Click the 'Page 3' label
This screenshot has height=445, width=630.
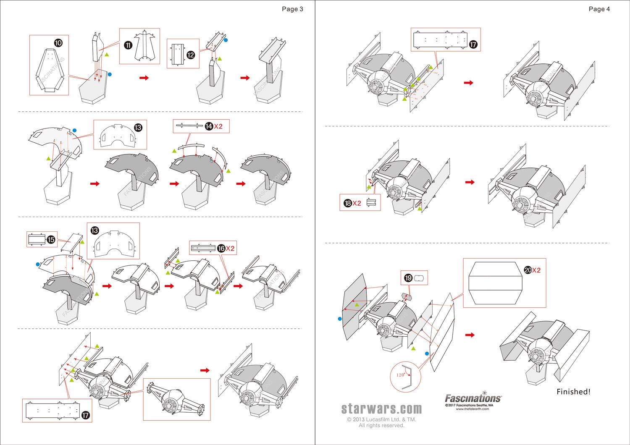click(292, 9)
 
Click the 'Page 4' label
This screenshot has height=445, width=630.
click(599, 9)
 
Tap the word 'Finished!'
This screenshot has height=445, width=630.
click(573, 392)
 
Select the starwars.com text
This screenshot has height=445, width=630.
click(381, 408)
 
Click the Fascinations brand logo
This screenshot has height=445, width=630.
click(473, 398)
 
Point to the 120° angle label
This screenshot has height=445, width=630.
click(400, 375)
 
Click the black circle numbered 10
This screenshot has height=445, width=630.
click(58, 43)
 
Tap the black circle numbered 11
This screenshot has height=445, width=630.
click(128, 45)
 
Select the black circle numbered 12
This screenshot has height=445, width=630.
click(191, 55)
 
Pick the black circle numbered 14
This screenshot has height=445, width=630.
click(209, 126)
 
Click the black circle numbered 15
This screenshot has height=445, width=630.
click(51, 239)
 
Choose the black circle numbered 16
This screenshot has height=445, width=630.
click(221, 249)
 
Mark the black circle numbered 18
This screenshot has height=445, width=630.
click(348, 203)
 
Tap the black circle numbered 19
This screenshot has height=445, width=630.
click(408, 278)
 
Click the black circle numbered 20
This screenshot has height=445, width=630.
click(528, 270)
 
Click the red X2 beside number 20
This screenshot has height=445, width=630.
click(536, 270)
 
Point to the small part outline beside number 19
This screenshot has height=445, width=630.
click(420, 278)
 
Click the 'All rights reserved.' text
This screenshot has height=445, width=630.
click(381, 425)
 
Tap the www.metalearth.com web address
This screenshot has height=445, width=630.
click(472, 409)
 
